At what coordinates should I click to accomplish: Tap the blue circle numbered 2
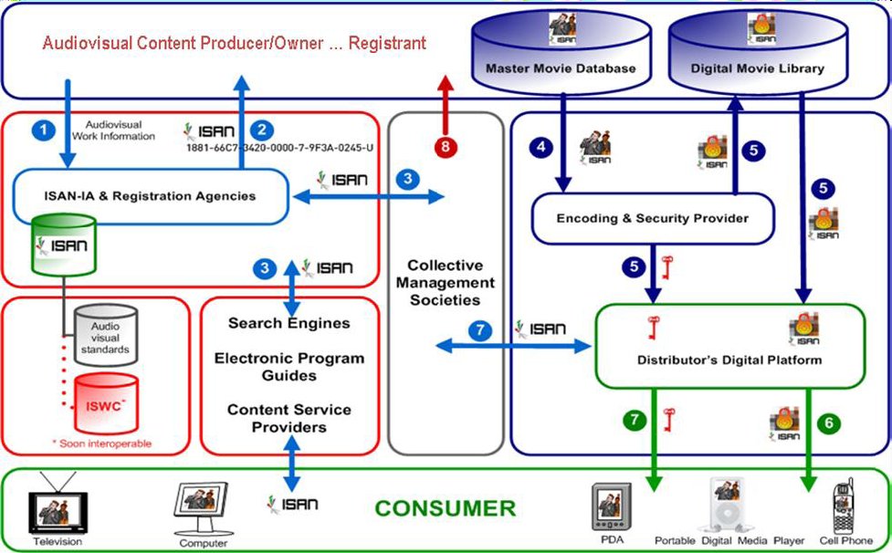pyautogui.click(x=264, y=130)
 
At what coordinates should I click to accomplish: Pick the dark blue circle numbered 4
pyautogui.click(x=542, y=147)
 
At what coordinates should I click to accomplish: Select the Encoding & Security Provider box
pyautogui.click(x=653, y=218)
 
